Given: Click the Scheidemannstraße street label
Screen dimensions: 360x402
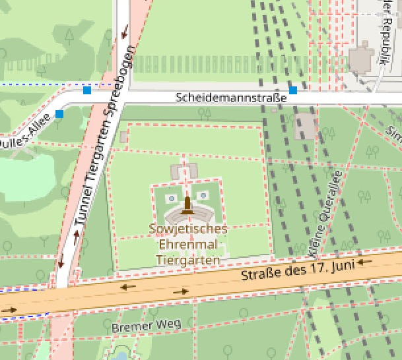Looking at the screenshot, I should click(231, 98).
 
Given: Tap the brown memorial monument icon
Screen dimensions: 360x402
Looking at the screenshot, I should click(187, 206).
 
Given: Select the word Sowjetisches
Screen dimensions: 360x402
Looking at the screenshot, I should click(188, 229).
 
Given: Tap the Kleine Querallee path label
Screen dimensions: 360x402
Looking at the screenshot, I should click(323, 214).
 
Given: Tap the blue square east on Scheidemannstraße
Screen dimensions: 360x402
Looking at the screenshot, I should click(293, 90).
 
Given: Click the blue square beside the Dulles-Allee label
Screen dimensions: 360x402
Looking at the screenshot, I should click(60, 114).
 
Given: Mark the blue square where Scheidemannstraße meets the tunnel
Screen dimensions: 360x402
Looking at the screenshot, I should click(87, 90).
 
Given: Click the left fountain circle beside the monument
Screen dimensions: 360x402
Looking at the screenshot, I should click(172, 197).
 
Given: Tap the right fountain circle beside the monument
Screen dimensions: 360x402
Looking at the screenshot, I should click(203, 196).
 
